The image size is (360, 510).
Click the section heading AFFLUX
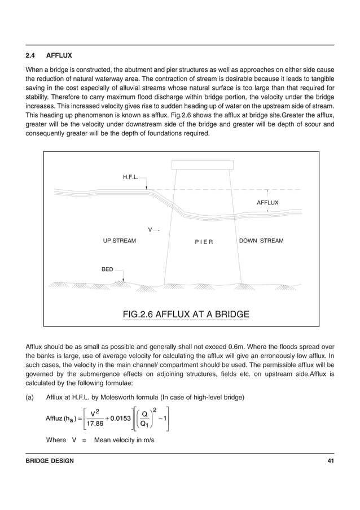click(x=59, y=56)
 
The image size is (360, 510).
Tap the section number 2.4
click(x=31, y=56)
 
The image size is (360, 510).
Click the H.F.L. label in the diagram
click(x=131, y=177)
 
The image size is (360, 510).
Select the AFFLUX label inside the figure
click(x=268, y=202)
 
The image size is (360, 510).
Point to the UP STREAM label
click(x=119, y=241)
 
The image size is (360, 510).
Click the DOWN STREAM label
click(x=261, y=241)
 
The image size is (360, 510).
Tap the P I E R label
click(x=203, y=242)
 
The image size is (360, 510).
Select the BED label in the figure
click(x=107, y=270)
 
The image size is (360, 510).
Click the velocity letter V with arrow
click(x=150, y=230)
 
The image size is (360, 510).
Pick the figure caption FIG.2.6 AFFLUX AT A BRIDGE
click(x=186, y=314)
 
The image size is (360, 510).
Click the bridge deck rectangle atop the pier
click(x=202, y=164)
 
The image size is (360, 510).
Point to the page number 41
click(x=331, y=461)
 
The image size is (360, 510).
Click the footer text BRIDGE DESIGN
click(x=50, y=461)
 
